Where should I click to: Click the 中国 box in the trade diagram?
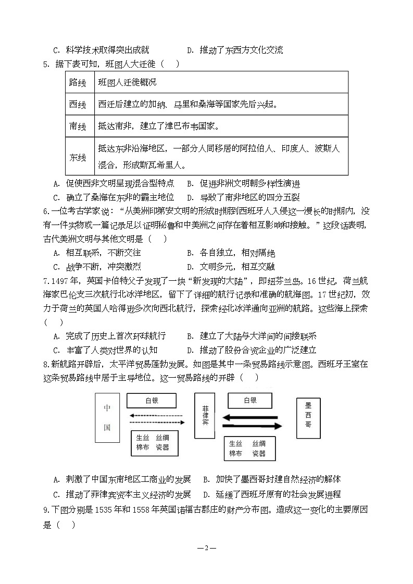[107, 417]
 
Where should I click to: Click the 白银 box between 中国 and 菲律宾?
[152, 401]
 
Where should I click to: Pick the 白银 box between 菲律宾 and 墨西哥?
[250, 401]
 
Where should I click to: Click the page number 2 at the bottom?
[206, 548]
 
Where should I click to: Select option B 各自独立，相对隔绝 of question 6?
[231, 253]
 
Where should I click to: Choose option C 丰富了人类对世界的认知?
[105, 350]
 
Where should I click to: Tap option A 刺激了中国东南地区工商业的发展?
[122, 479]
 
